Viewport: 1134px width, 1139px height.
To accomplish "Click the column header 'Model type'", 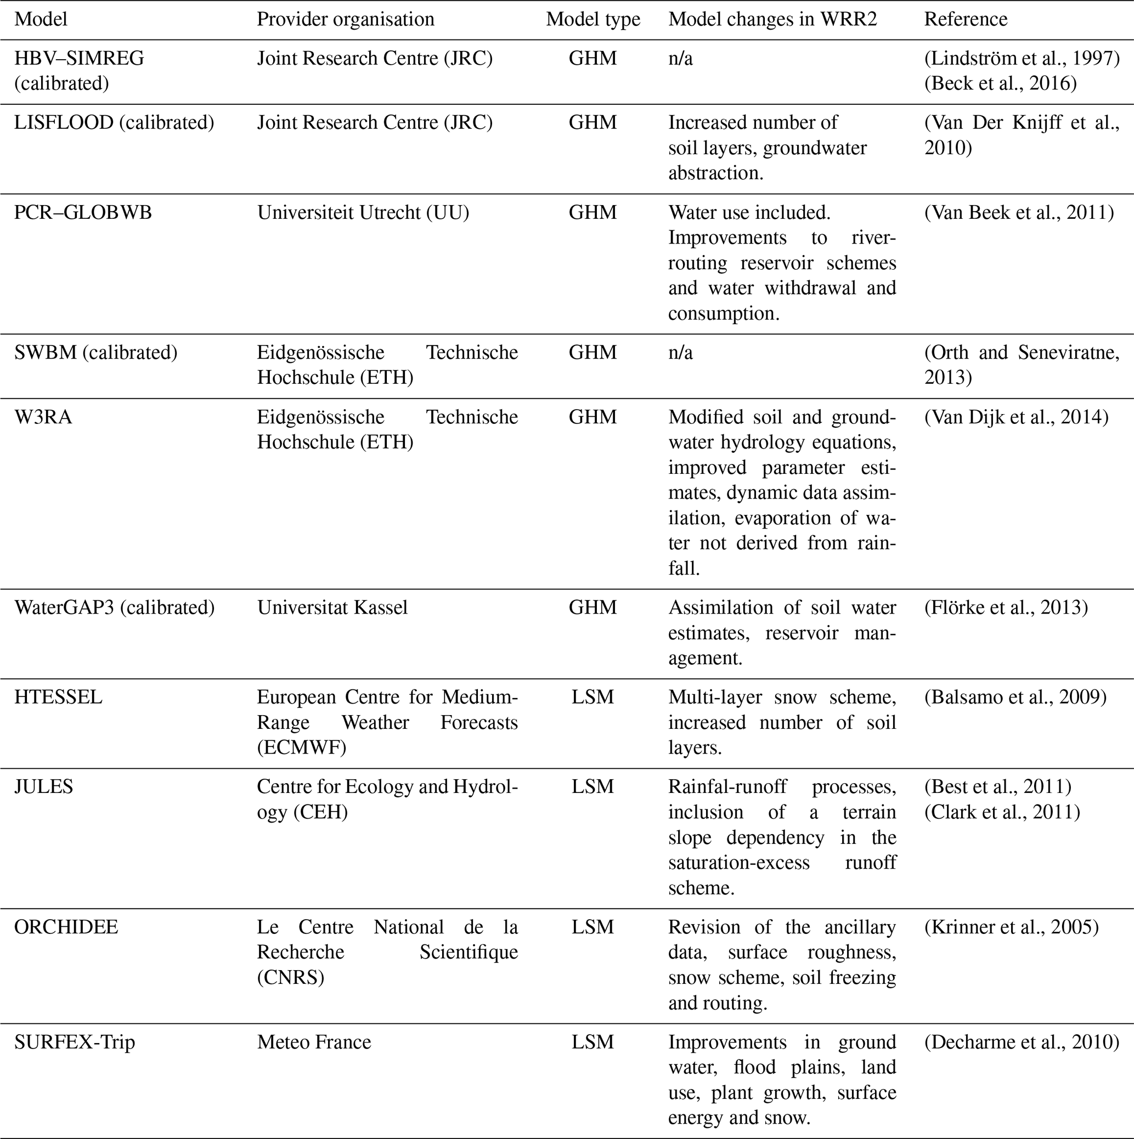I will click(x=593, y=19).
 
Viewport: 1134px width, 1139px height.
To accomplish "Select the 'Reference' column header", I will click(x=966, y=19).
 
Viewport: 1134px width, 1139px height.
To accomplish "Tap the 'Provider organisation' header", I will click(x=346, y=19).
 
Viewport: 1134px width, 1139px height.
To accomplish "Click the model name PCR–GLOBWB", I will click(x=83, y=212).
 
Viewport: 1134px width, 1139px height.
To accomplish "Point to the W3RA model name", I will click(x=43, y=417).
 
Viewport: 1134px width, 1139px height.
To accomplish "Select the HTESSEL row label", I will click(x=58, y=698).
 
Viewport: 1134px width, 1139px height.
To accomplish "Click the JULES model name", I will click(x=44, y=787).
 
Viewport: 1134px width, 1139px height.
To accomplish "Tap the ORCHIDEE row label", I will click(x=66, y=927).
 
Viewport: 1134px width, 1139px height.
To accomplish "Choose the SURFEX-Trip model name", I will click(x=75, y=1042).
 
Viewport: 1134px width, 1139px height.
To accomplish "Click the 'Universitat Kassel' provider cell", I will click(x=332, y=608).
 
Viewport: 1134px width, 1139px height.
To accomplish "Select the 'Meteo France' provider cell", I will click(x=314, y=1042).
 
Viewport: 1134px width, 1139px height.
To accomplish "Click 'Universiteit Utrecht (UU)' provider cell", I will click(x=363, y=212).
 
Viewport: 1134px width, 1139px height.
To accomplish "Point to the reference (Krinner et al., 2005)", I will click(x=1011, y=927).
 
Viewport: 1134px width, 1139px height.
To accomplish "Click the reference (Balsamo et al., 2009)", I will click(x=1015, y=698).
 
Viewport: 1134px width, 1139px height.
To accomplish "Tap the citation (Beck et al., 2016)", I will click(x=1000, y=84).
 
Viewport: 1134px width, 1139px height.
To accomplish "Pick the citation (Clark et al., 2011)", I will click(x=1002, y=812).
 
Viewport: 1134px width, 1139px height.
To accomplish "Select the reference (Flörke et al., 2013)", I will click(x=1006, y=608).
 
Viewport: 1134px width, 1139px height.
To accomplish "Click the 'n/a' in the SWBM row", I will click(x=680, y=353).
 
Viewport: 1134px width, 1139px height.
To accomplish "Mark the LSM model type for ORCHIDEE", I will click(x=593, y=927).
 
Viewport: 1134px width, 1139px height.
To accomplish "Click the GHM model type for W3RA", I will click(x=593, y=417).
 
